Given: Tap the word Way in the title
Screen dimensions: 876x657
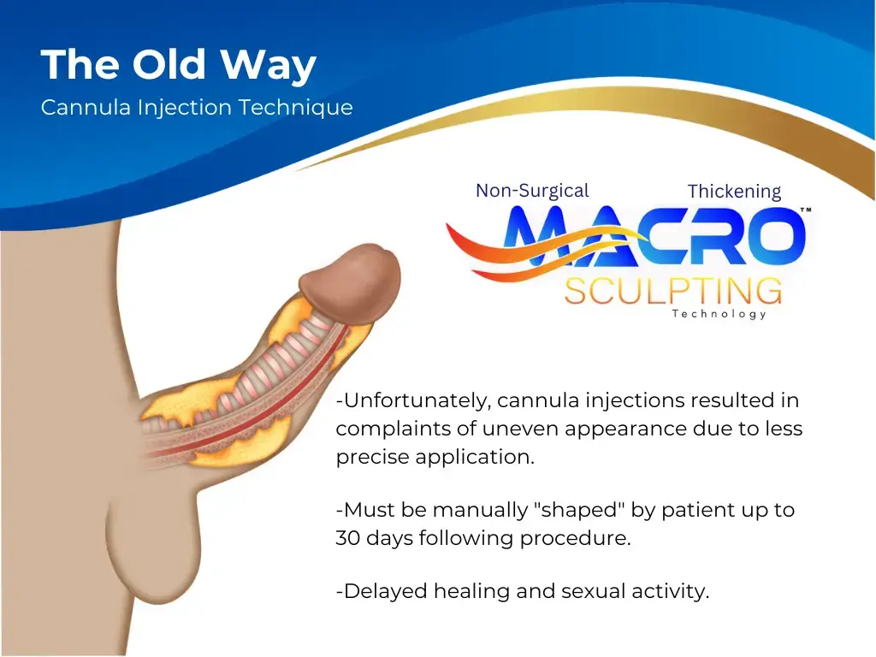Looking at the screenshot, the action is point(268,67).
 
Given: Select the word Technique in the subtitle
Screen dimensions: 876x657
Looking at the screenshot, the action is point(295,108).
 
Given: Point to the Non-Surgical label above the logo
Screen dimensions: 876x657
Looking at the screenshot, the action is point(532,191).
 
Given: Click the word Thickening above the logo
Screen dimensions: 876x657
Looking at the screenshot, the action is point(734,191).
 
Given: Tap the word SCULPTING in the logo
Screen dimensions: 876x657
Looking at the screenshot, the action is point(672,291).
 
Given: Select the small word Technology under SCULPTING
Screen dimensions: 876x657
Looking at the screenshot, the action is point(719,314).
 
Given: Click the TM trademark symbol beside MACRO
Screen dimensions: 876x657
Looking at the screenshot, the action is point(806,210).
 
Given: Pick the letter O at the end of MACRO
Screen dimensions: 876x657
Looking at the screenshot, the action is point(773,235).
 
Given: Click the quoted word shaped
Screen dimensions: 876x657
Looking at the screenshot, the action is point(579,510).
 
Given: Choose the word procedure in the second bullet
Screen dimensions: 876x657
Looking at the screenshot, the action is point(575,539).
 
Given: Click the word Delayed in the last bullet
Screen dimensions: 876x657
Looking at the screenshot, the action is point(386,592).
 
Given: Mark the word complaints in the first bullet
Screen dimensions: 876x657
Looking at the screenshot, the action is point(406,429).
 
